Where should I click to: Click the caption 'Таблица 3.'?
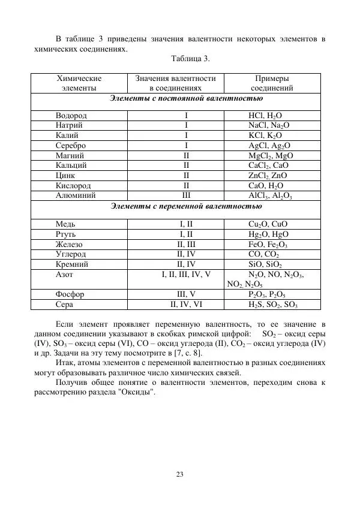click(190, 58)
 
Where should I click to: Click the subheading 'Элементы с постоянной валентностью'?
click(186, 98)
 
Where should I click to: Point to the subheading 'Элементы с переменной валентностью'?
click(186, 207)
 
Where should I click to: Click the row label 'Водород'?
click(71, 115)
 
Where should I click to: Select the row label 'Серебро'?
click(71, 145)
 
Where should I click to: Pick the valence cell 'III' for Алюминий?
click(186, 195)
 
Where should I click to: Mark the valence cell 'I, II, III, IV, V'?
click(186, 275)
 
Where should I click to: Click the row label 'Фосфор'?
click(70, 294)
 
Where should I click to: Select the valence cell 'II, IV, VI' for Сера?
click(186, 305)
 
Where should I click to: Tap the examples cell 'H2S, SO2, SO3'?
click(273, 305)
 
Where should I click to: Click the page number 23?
click(180, 475)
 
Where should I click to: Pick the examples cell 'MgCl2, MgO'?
click(271, 155)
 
